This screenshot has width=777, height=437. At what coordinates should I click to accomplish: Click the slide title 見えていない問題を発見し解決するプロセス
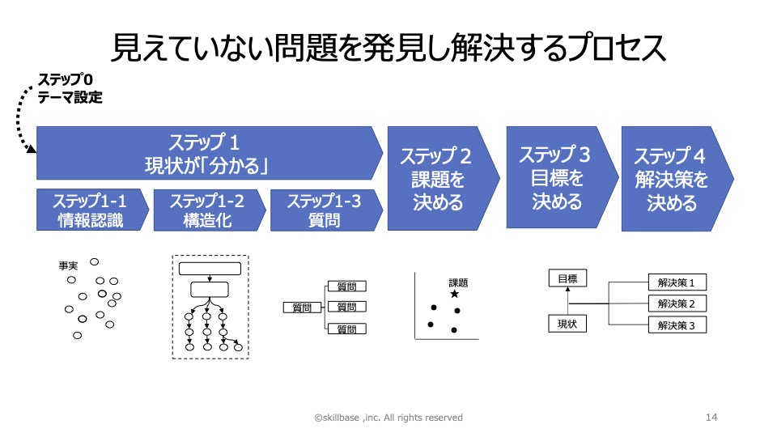[388, 48]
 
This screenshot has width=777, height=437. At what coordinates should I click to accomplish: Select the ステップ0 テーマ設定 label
[70, 88]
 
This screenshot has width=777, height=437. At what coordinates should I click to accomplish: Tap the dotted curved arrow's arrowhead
[32, 148]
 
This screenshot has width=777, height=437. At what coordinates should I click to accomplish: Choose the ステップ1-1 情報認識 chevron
[92, 210]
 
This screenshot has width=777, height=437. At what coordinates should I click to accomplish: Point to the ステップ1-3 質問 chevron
[326, 210]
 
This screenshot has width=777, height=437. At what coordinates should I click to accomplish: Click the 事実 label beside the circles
[68, 266]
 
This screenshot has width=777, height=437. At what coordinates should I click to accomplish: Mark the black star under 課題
[454, 295]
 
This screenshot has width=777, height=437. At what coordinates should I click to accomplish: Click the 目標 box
[567, 278]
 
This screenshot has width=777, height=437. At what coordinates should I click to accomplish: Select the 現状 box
[567, 324]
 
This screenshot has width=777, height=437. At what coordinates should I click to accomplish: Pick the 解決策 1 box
[677, 282]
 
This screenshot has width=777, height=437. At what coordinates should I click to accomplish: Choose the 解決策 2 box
[677, 303]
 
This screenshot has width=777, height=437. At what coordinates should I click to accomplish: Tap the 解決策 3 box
[677, 325]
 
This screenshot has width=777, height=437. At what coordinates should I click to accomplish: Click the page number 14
[711, 418]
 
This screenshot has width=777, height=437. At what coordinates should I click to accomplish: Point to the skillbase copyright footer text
[388, 418]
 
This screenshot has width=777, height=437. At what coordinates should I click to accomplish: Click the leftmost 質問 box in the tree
[302, 308]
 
